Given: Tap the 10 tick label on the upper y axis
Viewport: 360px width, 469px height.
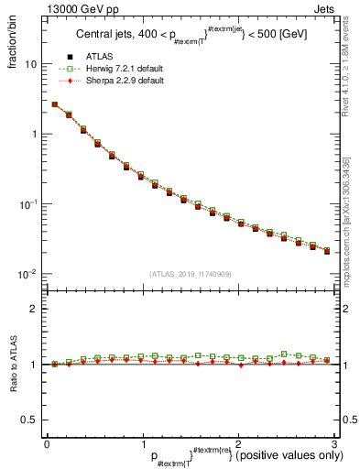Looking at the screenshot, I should pyautogui.click(x=32, y=65).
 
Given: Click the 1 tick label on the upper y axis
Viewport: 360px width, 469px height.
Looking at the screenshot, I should pyautogui.click(x=35, y=135).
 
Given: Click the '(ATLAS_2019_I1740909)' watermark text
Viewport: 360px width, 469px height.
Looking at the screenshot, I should pyautogui.click(x=190, y=273).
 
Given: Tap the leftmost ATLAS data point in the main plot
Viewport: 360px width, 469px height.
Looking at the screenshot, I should pyautogui.click(x=55, y=105).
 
